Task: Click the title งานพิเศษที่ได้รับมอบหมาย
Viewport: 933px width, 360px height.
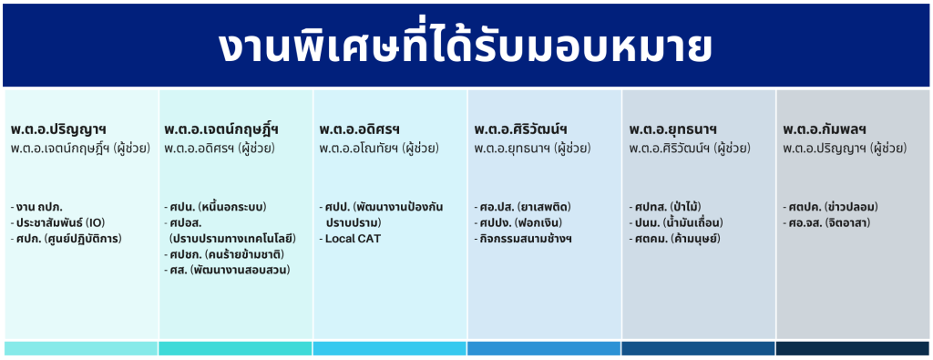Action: tap(465, 47)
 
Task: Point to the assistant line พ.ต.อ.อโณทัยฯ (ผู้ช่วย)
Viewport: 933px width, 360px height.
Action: tap(378, 149)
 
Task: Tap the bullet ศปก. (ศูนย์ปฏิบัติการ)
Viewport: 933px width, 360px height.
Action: tap(66, 239)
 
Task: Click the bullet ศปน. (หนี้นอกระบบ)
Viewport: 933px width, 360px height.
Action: tap(215, 208)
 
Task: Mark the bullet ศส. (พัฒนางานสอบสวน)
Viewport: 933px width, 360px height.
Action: tap(227, 271)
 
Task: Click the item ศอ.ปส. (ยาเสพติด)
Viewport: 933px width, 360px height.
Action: tap(522, 208)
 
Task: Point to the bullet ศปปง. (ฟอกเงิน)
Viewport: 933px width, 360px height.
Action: tap(518, 223)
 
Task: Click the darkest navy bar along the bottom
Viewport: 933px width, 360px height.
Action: tap(853, 349)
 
